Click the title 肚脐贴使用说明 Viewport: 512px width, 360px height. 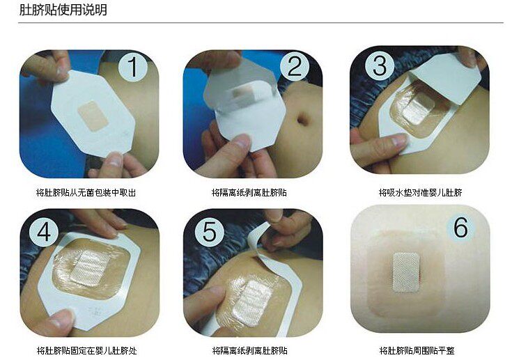63,10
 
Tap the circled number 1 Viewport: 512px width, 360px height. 133,67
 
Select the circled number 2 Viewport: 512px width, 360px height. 295,66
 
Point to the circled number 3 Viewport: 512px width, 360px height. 380,65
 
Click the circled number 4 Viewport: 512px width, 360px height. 44,232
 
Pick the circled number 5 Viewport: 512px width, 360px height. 209,232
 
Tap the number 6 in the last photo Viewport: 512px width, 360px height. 461,227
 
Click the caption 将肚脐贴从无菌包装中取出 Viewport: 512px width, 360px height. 86,193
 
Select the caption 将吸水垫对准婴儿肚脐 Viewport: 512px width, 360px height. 420,193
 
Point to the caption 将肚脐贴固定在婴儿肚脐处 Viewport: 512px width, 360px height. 87,351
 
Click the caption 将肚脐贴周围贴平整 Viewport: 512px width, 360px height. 417,351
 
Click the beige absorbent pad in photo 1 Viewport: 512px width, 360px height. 93,116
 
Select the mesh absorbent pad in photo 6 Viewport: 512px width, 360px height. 406,272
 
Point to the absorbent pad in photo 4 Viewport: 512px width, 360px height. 94,267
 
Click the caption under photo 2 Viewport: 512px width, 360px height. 249,193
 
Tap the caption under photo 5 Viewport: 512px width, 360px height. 250,351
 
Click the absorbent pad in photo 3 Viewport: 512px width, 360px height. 419,108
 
